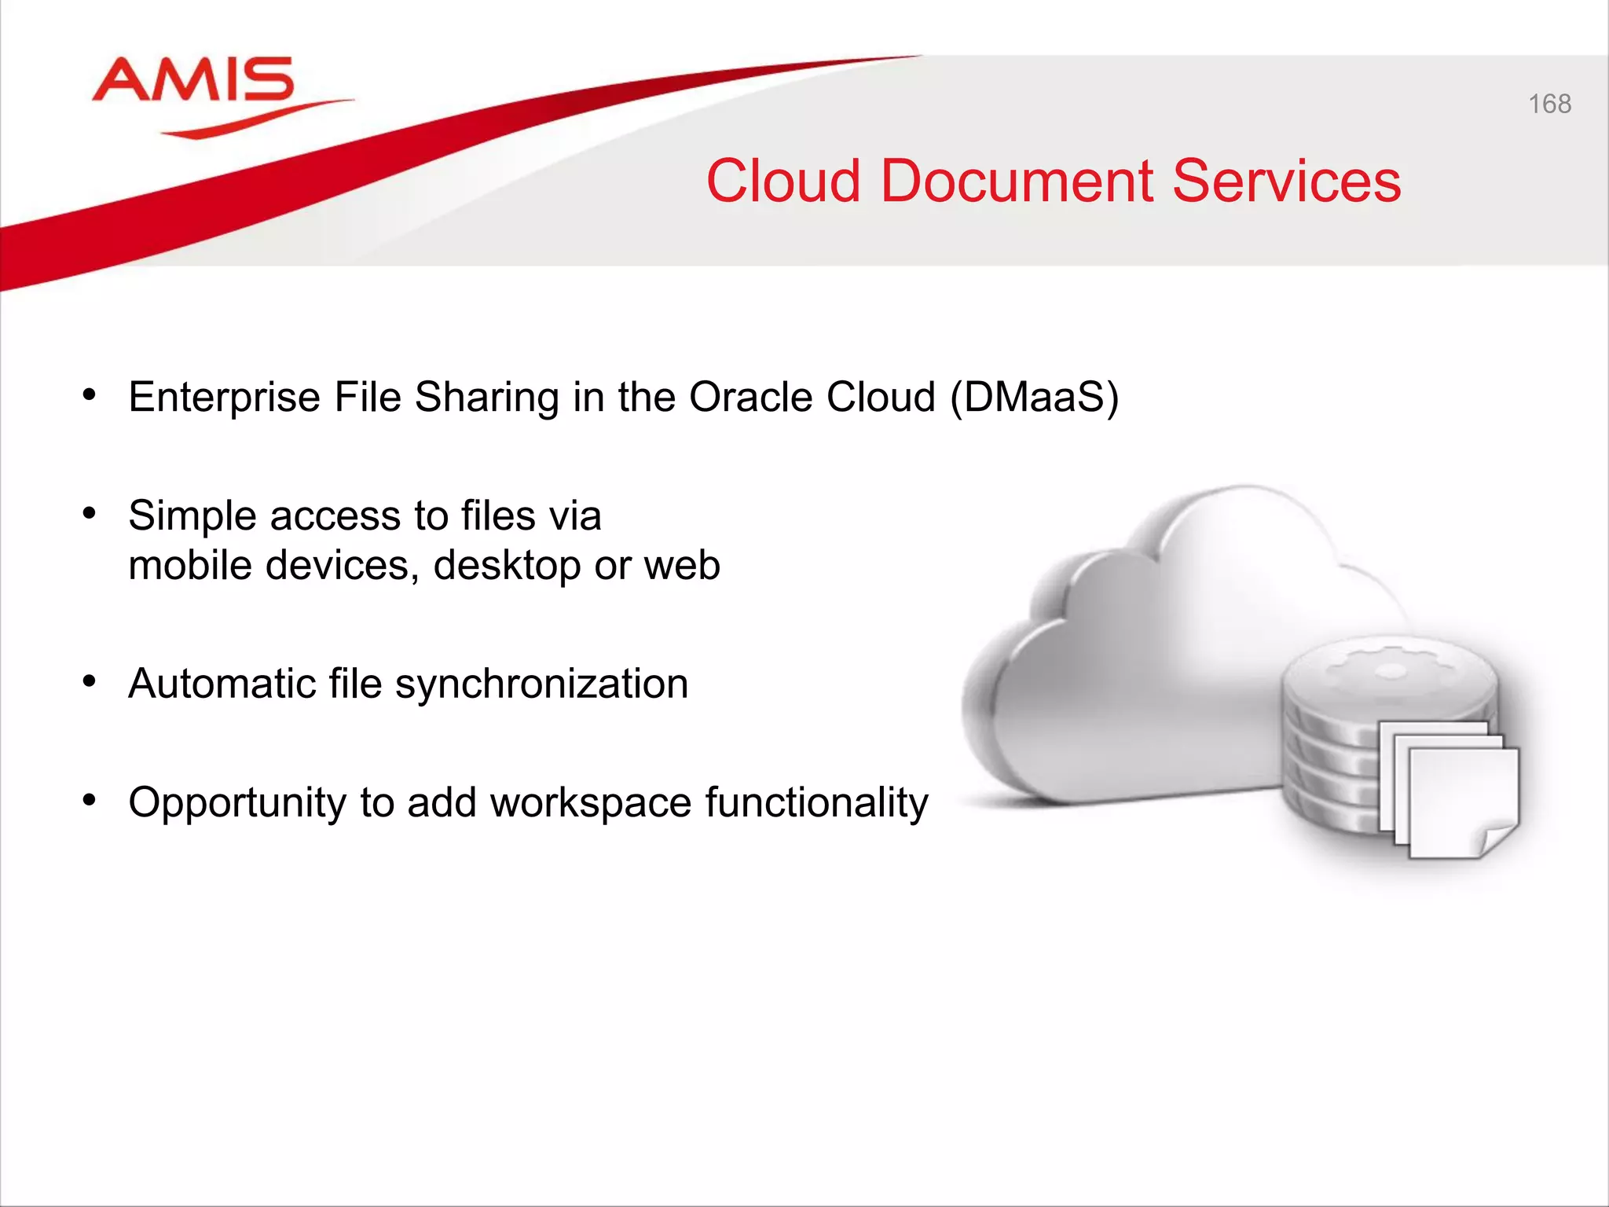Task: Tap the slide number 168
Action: [x=1549, y=104]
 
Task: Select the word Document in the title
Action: [x=1017, y=182]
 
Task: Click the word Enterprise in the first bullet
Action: [x=225, y=398]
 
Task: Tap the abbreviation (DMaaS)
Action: [x=1034, y=398]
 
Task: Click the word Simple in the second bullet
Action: [x=192, y=516]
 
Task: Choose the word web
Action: [x=682, y=566]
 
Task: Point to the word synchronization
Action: [x=541, y=684]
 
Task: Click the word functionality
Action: [x=816, y=803]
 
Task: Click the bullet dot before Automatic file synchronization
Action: [x=90, y=681]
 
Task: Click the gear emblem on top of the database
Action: [x=1391, y=670]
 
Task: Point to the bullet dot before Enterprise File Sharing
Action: [x=90, y=394]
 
